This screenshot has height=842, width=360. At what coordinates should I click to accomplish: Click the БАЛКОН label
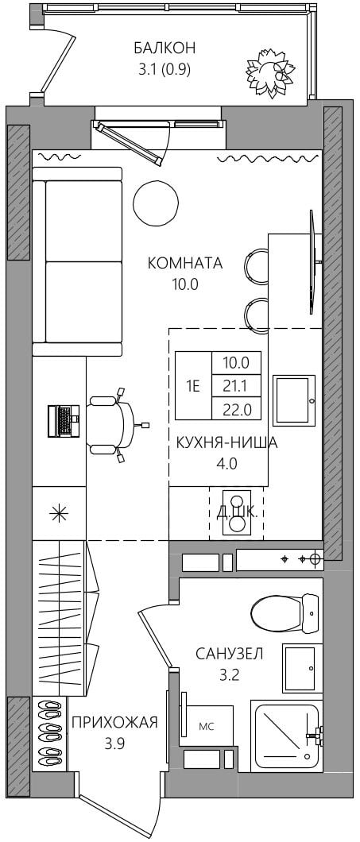tap(165, 48)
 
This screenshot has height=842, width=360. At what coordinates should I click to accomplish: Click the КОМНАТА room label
tap(185, 263)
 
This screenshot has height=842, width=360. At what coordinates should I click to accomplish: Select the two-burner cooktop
tap(237, 512)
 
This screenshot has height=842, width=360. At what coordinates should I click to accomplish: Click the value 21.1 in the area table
tap(236, 385)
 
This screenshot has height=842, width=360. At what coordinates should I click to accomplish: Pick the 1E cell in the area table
tap(193, 385)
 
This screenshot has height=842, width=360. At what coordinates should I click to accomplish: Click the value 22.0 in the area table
tap(236, 409)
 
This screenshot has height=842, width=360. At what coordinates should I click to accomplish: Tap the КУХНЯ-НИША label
tap(226, 443)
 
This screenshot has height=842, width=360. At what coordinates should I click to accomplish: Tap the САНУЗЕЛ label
tap(229, 654)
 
